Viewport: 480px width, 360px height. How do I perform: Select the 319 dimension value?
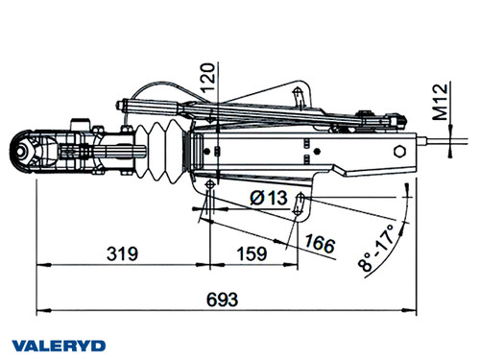click(x=119, y=254)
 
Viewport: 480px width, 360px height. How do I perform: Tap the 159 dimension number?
click(x=252, y=254)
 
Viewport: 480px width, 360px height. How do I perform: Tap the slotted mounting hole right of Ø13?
click(x=302, y=200)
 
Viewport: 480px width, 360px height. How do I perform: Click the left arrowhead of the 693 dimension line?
click(x=40, y=311)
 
